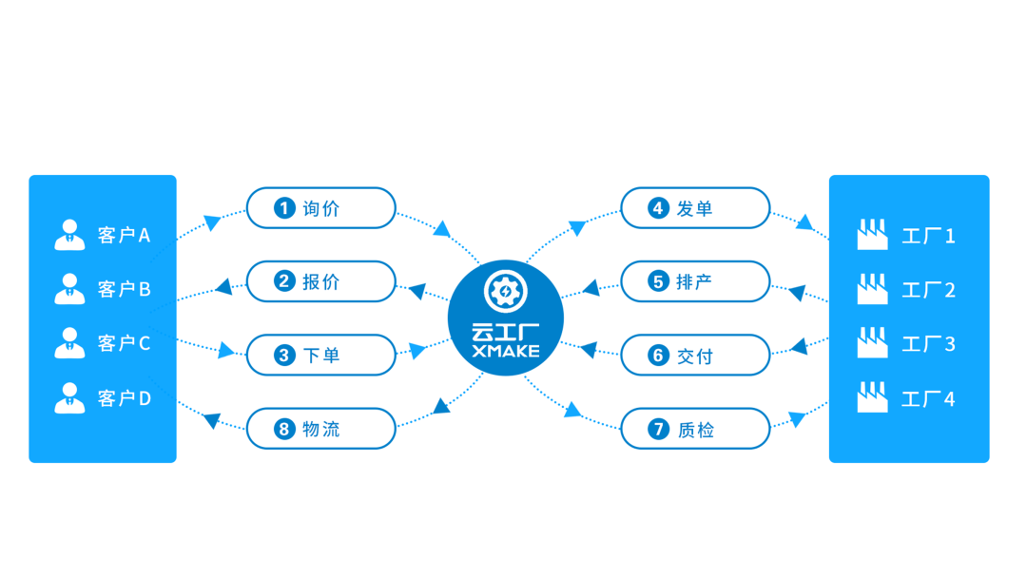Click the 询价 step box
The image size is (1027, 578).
tap(320, 208)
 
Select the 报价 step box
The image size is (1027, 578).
tap(320, 281)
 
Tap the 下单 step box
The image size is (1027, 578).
tap(320, 356)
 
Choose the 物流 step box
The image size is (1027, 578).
tap(320, 429)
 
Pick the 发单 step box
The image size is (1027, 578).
tap(695, 208)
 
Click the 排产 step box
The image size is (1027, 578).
tap(695, 281)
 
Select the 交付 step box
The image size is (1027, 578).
tap(695, 356)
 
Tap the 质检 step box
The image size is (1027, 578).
tap(695, 429)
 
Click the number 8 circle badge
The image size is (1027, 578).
tap(284, 430)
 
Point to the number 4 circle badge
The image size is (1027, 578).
tap(659, 208)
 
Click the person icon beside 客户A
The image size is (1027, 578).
tap(69, 235)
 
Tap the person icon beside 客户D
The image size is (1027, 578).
tap(69, 398)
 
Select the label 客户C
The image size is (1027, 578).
tap(124, 344)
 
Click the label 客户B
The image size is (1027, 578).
tap(124, 289)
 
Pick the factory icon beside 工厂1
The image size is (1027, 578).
tap(872, 235)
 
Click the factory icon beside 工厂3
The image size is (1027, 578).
tap(872, 343)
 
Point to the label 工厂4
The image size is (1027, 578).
tap(928, 399)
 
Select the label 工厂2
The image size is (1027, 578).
tap(928, 290)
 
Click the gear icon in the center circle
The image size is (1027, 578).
tap(505, 292)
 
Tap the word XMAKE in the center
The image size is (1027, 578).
tap(506, 352)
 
